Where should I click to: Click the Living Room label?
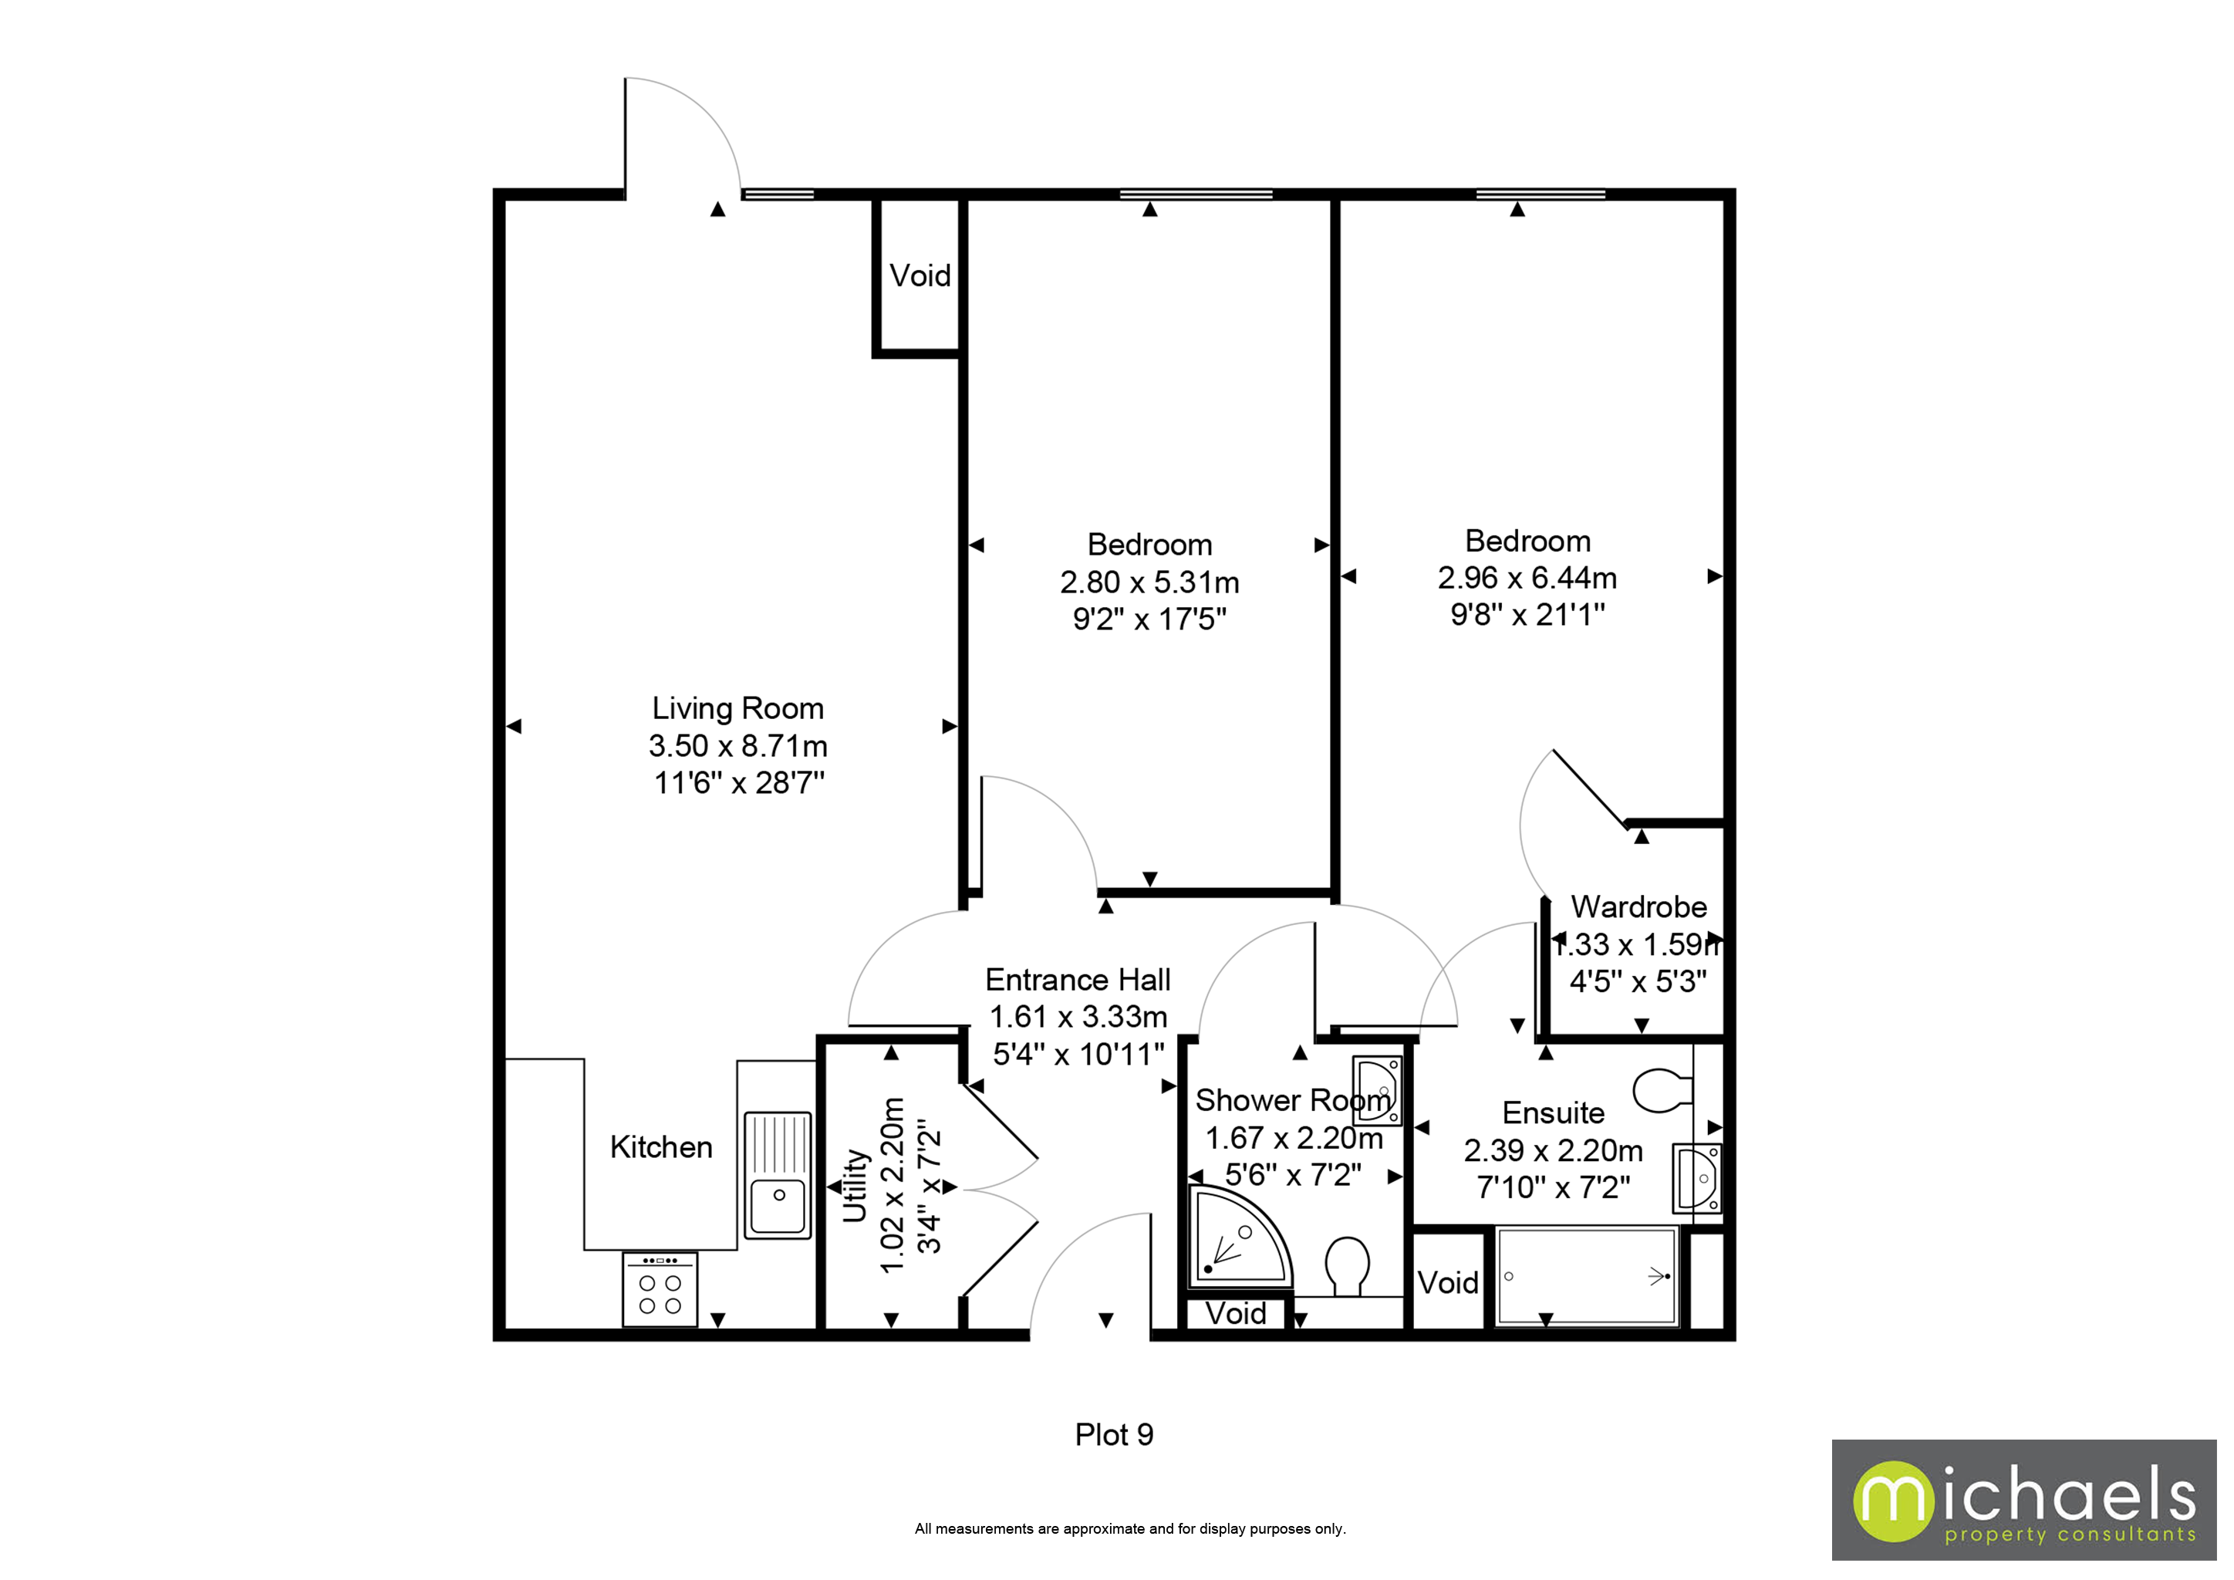[x=737, y=708]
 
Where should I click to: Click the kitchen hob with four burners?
[x=660, y=1290]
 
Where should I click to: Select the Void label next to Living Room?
[x=920, y=276]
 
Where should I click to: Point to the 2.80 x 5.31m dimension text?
[x=1149, y=582]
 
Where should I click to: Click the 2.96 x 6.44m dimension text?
[x=1527, y=578]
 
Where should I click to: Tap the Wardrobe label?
[x=1638, y=906]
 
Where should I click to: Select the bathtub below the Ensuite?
[x=1587, y=1275]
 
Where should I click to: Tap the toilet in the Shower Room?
[x=1348, y=1264]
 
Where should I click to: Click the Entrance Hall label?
[x=1077, y=979]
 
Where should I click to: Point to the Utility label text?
[x=854, y=1185]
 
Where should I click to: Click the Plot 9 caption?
[x=1113, y=1434]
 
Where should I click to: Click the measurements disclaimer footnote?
[x=1129, y=1528]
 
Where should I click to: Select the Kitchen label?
[x=660, y=1147]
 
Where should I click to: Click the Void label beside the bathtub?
[x=1447, y=1282]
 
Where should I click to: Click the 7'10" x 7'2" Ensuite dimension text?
[x=1553, y=1187]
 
